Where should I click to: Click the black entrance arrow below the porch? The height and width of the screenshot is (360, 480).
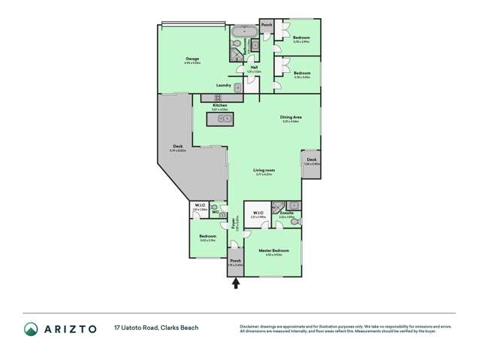click(237, 283)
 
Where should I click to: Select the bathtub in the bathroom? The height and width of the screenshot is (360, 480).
click(244, 33)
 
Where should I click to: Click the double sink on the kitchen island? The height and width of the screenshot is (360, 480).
click(224, 118)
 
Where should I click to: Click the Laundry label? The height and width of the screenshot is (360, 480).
click(223, 85)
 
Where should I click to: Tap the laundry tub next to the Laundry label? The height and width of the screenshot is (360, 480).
click(238, 88)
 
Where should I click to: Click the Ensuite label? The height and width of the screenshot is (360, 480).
click(286, 213)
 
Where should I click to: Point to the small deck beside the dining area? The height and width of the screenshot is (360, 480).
click(312, 165)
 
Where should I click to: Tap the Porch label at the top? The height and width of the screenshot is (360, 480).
click(267, 25)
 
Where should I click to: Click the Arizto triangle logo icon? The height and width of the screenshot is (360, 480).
click(31, 329)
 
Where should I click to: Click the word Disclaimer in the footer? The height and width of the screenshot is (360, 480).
click(251, 326)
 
